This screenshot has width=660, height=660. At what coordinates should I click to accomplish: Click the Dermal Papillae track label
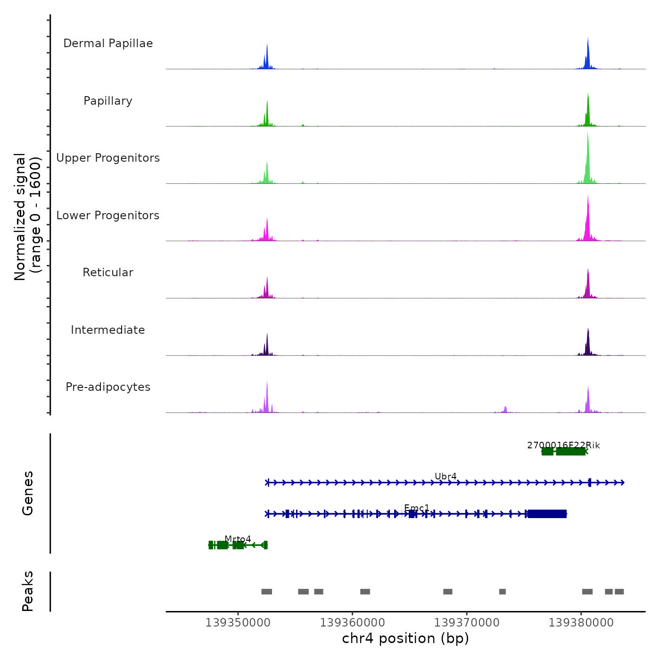108,43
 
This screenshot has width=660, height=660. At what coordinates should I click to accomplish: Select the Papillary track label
108,101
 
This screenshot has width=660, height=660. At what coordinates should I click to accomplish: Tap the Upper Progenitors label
108,158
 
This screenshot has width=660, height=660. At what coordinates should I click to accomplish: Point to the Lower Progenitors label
108,215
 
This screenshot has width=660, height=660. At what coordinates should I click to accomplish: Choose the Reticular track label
108,272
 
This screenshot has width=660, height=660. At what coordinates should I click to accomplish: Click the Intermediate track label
108,330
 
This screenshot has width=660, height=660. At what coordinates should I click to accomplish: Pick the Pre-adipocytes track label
108,387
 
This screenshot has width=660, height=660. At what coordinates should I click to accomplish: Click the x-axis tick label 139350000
238,623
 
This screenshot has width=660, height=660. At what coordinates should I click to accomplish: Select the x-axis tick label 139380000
581,623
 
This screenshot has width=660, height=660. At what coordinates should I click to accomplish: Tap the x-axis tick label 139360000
353,623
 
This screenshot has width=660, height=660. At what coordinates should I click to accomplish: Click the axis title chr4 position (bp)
405,638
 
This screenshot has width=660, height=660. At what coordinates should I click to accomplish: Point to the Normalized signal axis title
27,217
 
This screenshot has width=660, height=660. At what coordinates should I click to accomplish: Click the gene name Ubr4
445,477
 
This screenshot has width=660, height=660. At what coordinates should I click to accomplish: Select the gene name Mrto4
238,539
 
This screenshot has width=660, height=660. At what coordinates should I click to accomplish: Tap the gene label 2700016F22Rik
563,445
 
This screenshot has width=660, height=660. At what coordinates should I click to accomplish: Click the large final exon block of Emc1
547,514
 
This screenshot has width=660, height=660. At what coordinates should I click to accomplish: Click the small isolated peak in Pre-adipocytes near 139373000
505,409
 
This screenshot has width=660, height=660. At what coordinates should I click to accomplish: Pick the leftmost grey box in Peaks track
267,592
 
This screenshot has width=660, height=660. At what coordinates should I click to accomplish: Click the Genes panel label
28,493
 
